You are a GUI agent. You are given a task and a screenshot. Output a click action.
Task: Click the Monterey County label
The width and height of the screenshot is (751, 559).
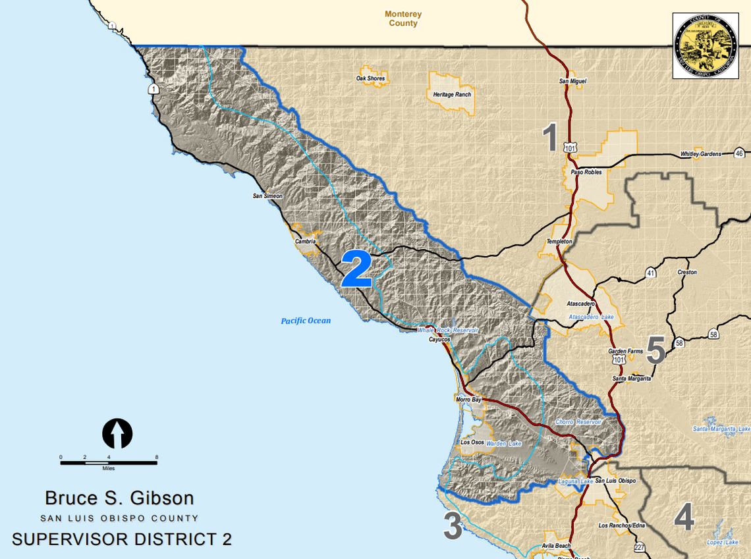(403, 18)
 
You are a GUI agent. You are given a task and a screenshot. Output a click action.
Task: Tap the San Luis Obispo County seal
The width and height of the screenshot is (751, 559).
(705, 45)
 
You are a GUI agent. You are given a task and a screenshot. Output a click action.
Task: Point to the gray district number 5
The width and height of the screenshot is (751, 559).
(655, 350)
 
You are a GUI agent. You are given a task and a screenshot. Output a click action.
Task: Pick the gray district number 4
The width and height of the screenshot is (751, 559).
(684, 518)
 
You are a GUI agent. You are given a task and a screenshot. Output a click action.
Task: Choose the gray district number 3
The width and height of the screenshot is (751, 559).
(453, 527)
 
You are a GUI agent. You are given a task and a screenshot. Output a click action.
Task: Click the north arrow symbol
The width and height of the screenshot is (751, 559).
(117, 434)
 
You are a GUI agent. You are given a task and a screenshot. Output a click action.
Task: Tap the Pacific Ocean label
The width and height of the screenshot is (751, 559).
(306, 321)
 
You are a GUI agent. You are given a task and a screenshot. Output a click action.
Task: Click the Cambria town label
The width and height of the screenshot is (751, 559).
(306, 241)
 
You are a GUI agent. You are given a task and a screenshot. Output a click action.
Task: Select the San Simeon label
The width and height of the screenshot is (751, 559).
(267, 196)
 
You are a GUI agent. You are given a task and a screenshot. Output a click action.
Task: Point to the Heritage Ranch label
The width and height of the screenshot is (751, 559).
(452, 95)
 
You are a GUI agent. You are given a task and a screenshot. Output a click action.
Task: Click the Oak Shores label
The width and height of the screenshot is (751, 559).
(370, 78)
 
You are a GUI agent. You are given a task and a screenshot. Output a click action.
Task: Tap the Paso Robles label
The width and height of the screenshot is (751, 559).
(586, 172)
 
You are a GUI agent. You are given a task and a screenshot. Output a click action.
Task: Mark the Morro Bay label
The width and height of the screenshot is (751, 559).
(468, 400)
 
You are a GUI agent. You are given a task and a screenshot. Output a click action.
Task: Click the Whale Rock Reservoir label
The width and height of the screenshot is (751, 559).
(447, 330)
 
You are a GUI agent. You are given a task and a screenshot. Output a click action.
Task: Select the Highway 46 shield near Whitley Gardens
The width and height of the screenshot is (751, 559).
(738, 153)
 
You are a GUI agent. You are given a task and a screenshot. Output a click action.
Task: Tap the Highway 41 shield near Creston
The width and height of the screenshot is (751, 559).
(650, 272)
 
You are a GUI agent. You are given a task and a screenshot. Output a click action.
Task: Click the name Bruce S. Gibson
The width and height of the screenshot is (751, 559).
(119, 498)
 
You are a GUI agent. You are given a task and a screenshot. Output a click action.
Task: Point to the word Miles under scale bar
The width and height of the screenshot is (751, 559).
(108, 469)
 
